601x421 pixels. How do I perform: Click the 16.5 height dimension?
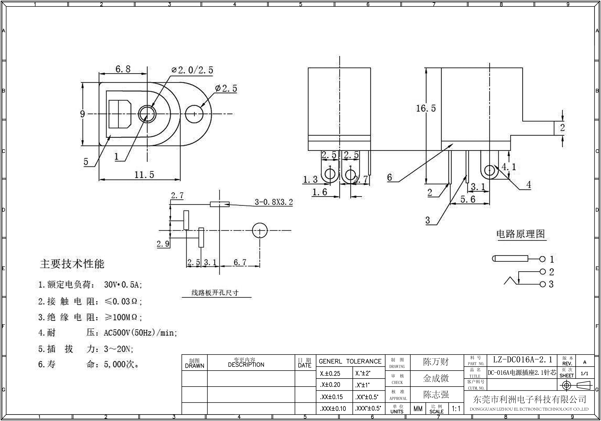pyautogui.click(x=426, y=108)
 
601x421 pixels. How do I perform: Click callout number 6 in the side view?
pyautogui.click(x=390, y=177)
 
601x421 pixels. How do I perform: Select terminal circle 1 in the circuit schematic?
pyautogui.click(x=542, y=259)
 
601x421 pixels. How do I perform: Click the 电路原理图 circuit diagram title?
pyautogui.click(x=521, y=234)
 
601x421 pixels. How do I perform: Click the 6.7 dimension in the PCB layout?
pyautogui.click(x=240, y=262)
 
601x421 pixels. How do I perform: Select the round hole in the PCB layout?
pyautogui.click(x=260, y=230)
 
